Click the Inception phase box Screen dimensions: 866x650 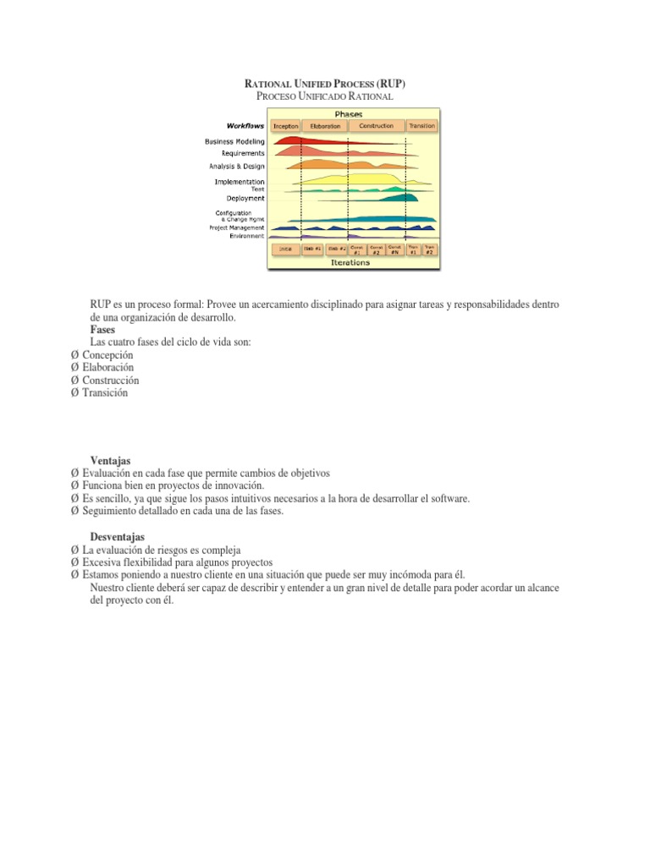coord(286,126)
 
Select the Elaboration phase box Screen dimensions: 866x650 coord(325,126)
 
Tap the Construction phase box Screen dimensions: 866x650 coord(376,126)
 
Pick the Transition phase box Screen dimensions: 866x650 coord(421,126)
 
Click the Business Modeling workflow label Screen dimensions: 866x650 coord(234,141)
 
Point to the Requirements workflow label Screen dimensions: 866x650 coord(243,153)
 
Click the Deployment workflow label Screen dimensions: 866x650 coord(245,199)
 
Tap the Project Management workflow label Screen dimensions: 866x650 coord(237,227)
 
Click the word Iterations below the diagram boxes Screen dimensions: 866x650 coord(350,263)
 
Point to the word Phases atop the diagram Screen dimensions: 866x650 coord(350,113)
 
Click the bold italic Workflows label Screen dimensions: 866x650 coord(245,126)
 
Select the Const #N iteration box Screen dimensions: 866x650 coord(394,249)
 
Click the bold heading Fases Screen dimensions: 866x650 coord(102,330)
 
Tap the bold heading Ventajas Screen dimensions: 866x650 coord(110,461)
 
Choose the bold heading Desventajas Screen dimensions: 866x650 coord(117,537)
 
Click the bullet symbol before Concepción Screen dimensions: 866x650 coord(75,355)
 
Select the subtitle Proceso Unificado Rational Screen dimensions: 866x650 coord(325,97)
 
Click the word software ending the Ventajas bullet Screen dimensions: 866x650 coord(449,499)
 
